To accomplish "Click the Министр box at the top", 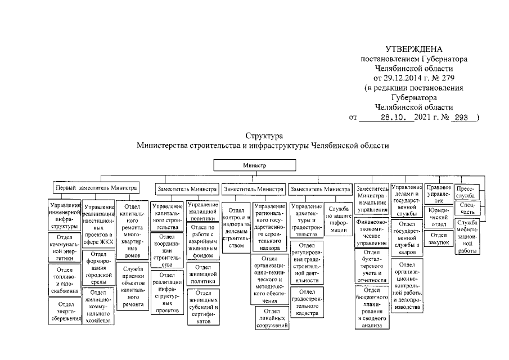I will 255,166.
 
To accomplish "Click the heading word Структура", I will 264,136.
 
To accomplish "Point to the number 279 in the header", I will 448,77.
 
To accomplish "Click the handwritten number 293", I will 462,118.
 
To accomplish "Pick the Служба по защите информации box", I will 338,219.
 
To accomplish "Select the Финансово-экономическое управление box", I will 372,233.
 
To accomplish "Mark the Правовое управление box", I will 439,193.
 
